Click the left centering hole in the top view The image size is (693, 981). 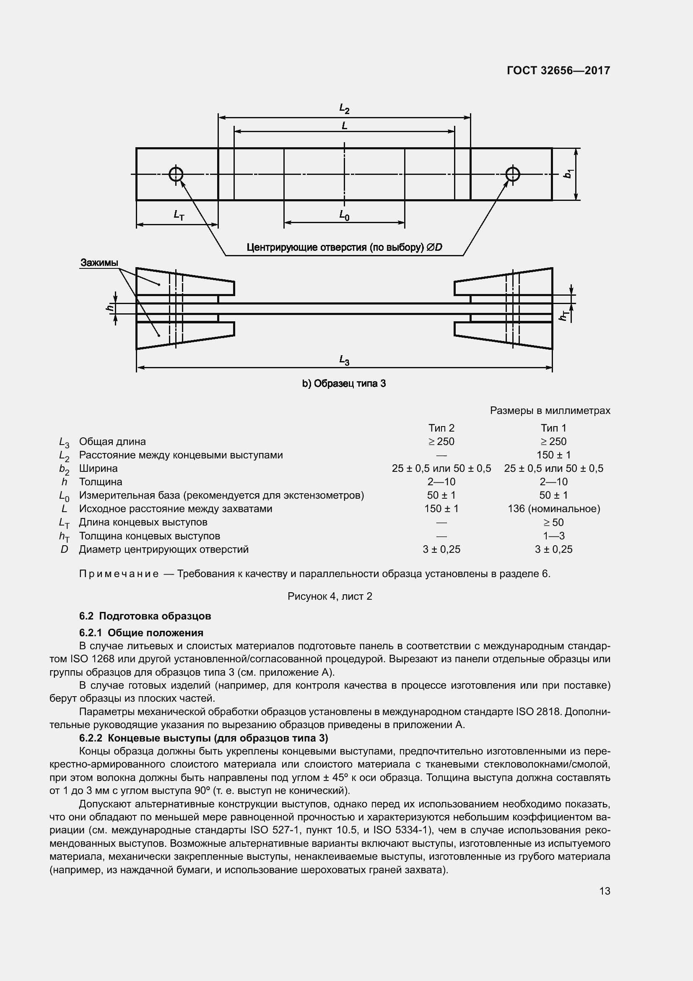coord(176,174)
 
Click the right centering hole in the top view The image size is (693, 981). coord(512,174)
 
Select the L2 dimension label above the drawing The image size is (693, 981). coord(344,109)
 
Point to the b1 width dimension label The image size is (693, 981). coord(568,174)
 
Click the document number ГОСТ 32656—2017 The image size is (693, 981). coord(558,70)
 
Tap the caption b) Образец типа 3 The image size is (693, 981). coord(344,384)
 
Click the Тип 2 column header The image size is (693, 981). coord(441,428)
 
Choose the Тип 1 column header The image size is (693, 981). coord(553,428)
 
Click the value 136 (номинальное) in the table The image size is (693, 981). coord(553,509)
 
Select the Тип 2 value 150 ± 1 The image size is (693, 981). coord(441,509)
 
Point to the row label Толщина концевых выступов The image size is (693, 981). coord(149,536)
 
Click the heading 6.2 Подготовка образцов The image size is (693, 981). coord(145,616)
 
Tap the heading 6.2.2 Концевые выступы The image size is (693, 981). coord(203,738)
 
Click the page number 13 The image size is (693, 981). coord(605,891)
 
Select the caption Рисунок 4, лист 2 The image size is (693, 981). coord(330,596)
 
